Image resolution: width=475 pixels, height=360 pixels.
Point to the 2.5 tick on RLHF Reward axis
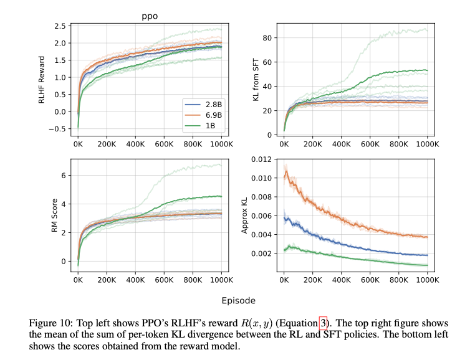click(x=60, y=26)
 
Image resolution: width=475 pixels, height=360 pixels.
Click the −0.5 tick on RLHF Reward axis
click(x=57, y=129)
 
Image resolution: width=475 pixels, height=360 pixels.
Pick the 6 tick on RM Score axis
click(x=63, y=176)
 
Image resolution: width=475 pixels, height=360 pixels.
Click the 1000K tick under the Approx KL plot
click(x=427, y=280)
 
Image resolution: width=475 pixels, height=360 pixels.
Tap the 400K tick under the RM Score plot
click(x=135, y=280)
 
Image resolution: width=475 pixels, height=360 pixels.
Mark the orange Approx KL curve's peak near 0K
click(x=286, y=169)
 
